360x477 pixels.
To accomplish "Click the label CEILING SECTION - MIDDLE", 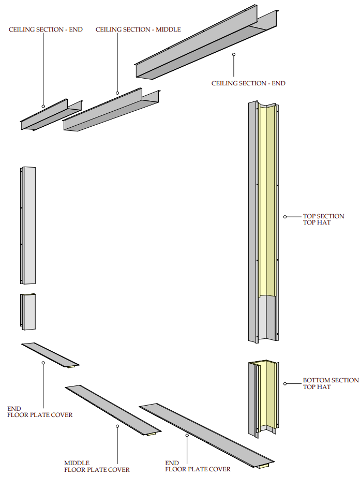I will click(138, 29).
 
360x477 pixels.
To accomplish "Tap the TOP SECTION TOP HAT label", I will click(323, 219).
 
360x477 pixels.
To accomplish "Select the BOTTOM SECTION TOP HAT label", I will click(331, 383).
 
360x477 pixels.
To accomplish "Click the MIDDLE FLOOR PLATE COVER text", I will click(97, 466).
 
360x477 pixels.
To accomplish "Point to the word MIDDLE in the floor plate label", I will click(77, 463).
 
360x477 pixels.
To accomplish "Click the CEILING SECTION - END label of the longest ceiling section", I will click(248, 83).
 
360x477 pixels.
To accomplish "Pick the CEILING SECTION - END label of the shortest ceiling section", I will click(46, 29).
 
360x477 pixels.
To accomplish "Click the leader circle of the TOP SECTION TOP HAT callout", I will click(285, 216).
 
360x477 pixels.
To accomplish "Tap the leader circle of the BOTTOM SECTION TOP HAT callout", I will click(285, 383).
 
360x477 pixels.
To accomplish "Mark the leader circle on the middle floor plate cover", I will click(117, 426).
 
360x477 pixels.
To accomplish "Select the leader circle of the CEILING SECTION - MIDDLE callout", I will click(117, 93).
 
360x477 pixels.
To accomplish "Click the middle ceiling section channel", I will click(111, 111).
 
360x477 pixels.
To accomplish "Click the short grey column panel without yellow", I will click(28, 311).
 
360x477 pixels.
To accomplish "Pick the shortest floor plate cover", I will click(50, 355).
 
